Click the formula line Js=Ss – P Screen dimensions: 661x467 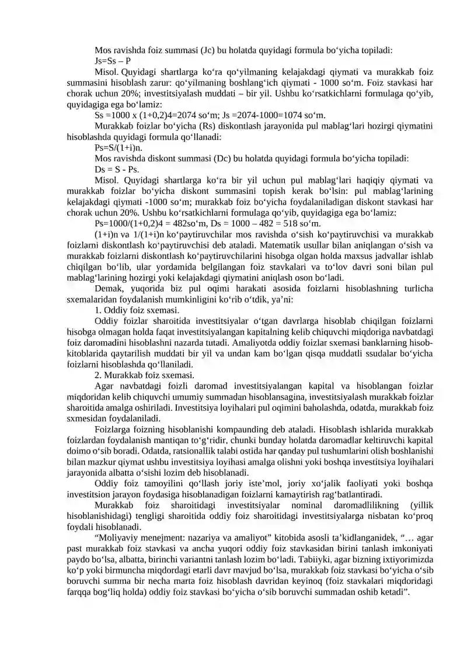pos(113,60)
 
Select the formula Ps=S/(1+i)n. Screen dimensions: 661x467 pos(119,148)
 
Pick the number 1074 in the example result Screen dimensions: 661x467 pos(269,115)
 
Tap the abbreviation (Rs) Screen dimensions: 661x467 pos(212,126)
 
